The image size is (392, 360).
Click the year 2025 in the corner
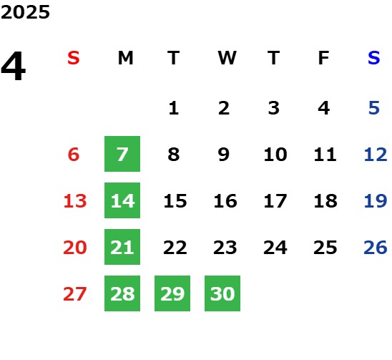coord(25,12)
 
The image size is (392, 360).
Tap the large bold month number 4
coord(14,66)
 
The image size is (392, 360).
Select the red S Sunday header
coord(74,58)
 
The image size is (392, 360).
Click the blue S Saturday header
coord(374,58)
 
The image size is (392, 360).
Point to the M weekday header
coord(125,58)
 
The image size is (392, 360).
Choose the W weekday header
coord(227,58)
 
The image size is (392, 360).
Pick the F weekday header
coord(324,58)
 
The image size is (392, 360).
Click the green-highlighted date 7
coord(122,154)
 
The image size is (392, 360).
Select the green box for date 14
coord(122,200)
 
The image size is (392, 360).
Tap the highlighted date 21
coord(122,247)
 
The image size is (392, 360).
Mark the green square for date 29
coord(172,293)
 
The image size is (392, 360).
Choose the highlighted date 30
coord(222,293)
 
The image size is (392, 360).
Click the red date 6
coord(74,154)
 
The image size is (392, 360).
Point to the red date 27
coord(75,293)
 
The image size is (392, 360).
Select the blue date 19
coord(376,200)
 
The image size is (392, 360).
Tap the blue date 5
coord(374,108)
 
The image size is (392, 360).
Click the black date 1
coord(174,108)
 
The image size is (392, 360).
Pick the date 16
coord(225,200)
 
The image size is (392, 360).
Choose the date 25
coord(325,247)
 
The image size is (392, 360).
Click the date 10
coord(275,154)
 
